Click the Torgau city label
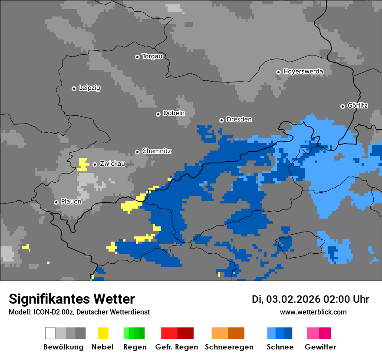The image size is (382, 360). point(152,56)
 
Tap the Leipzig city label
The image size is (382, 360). point(89,88)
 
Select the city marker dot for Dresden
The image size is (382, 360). point(221,120)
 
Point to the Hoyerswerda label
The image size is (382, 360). point(303,71)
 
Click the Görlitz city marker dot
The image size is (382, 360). point(342,106)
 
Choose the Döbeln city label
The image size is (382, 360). point(174,113)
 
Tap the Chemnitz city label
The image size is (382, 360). point(156,151)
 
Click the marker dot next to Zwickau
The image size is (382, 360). point(95,164)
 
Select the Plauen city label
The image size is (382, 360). point(71,202)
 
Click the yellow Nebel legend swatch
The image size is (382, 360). point(103,333)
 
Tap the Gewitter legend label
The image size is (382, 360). point(320,347)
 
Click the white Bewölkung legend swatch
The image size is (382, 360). point(50,333)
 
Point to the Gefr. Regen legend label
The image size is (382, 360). point(177,347)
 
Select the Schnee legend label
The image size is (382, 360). point(280,347)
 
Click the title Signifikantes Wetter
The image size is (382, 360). point(72,299)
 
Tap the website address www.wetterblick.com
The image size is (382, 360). point(313,312)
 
